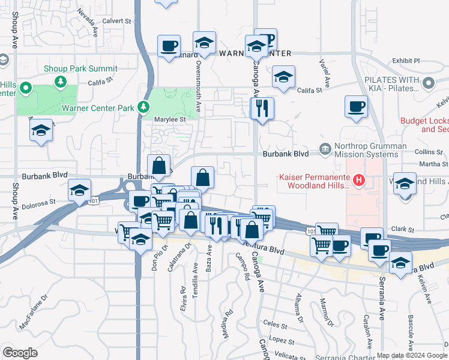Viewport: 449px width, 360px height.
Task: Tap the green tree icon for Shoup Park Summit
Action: tap(59, 81)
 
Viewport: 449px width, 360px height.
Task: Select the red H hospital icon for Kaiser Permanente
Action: tap(359, 179)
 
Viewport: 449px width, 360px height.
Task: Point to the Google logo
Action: tap(20, 353)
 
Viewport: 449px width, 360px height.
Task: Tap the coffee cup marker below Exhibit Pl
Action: tap(356, 107)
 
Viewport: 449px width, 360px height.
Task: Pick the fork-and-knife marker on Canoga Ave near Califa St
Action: tap(262, 109)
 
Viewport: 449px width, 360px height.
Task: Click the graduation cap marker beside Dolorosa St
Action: tap(79, 191)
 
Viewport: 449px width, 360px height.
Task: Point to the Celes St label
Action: tap(276, 324)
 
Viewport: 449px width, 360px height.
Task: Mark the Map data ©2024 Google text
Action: tap(412, 355)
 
